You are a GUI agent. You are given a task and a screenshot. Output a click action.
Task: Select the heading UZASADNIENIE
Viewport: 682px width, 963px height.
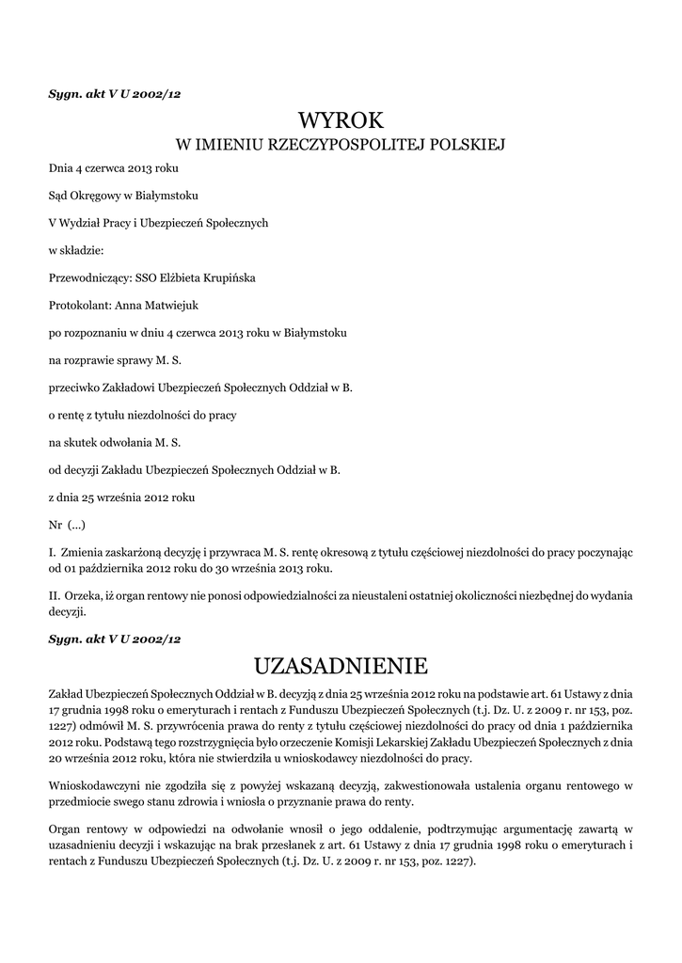[x=341, y=666]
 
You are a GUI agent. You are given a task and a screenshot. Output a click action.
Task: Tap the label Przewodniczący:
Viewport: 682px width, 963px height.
[x=86, y=277]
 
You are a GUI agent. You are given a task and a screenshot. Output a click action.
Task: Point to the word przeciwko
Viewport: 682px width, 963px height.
[x=73, y=387]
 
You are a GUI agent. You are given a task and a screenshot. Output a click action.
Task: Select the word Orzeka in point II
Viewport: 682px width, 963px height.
[x=82, y=596]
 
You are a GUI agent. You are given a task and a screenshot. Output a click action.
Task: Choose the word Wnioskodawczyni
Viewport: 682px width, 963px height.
[x=94, y=785]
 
